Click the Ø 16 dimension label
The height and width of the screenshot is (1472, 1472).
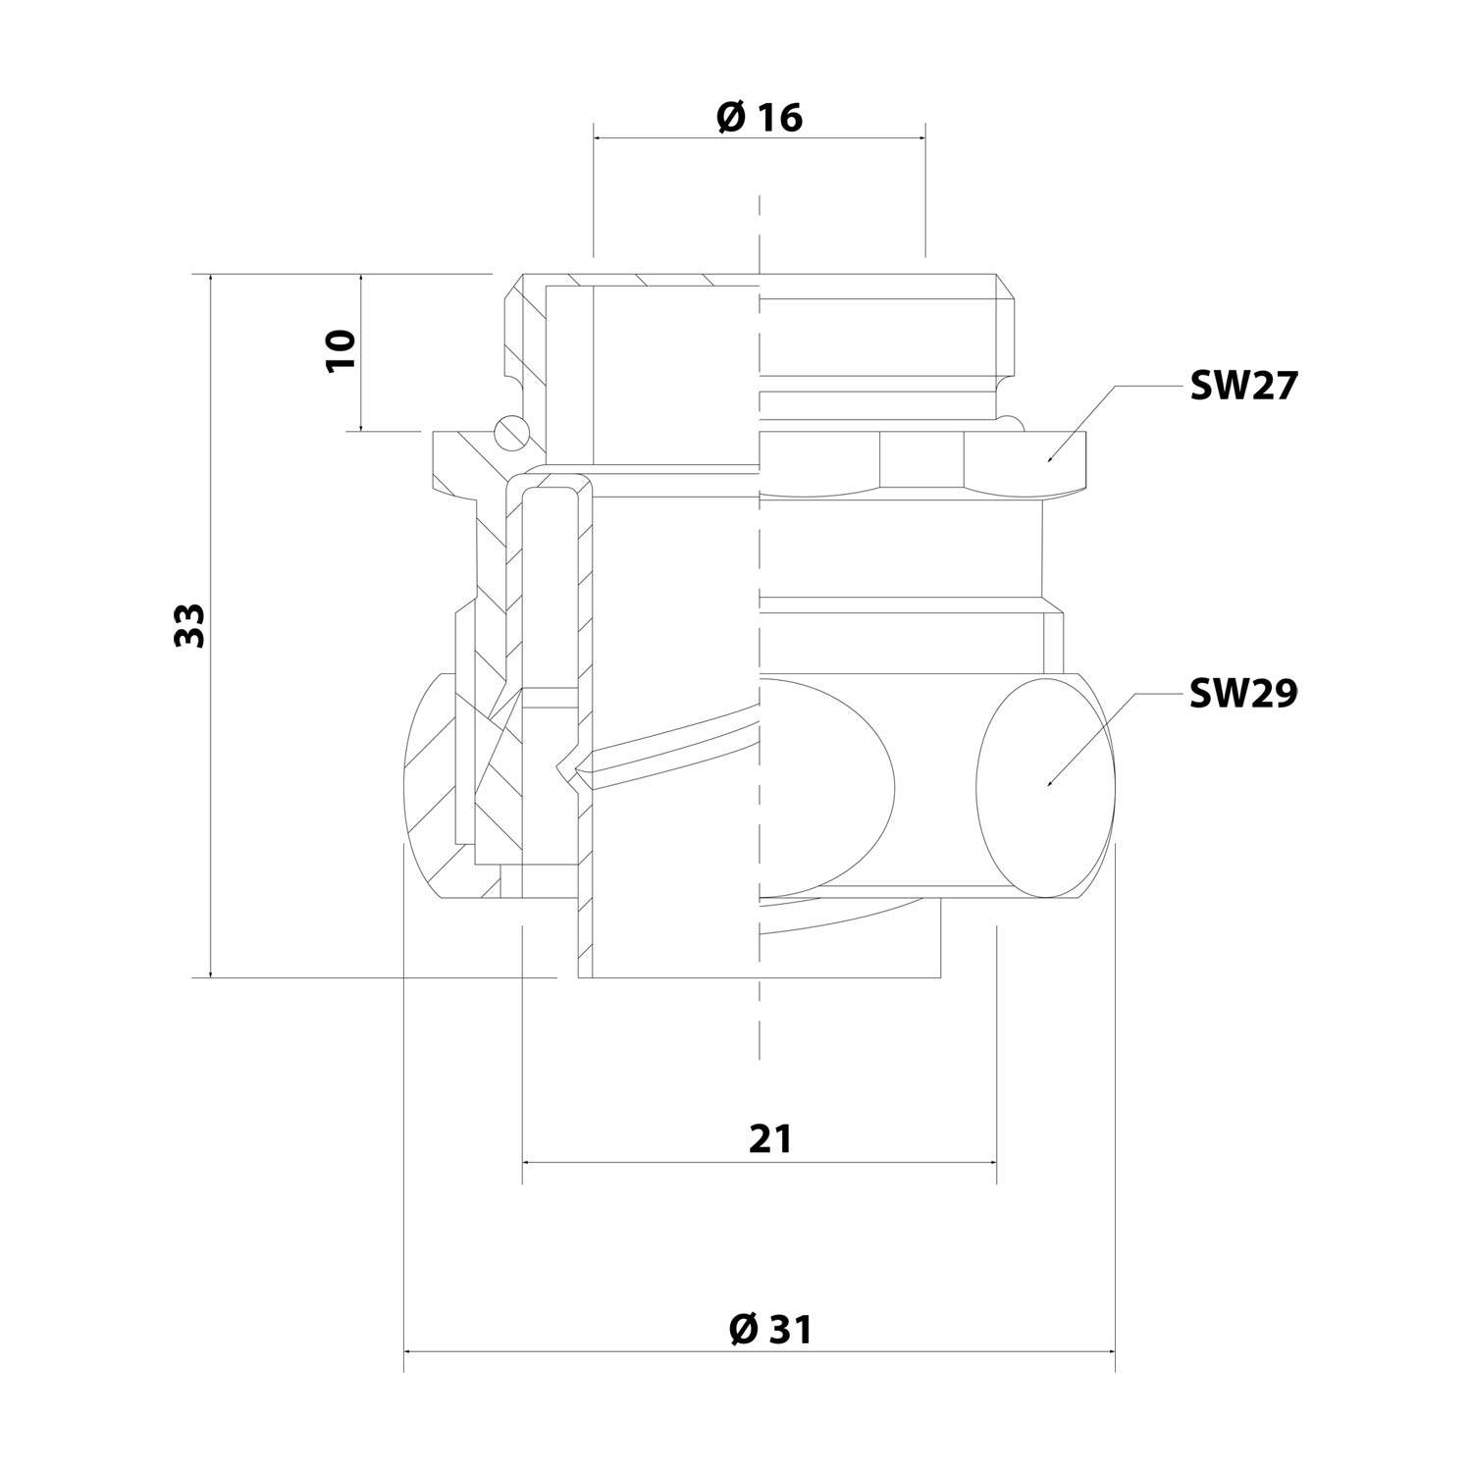[x=760, y=118]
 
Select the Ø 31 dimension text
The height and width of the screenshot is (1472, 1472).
[x=771, y=1330]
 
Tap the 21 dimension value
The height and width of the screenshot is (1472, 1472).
[x=769, y=1139]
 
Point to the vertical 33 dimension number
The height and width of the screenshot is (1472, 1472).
[x=188, y=624]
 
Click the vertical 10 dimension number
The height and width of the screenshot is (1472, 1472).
[x=341, y=350]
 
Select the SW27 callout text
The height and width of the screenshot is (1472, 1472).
[x=1242, y=387]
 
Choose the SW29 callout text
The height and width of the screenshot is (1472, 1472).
[x=1242, y=694]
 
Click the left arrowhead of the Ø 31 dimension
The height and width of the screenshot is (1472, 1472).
[x=406, y=1352]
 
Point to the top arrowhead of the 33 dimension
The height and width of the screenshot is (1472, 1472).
[x=210, y=276]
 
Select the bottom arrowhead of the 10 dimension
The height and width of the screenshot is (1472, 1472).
[x=361, y=428]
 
